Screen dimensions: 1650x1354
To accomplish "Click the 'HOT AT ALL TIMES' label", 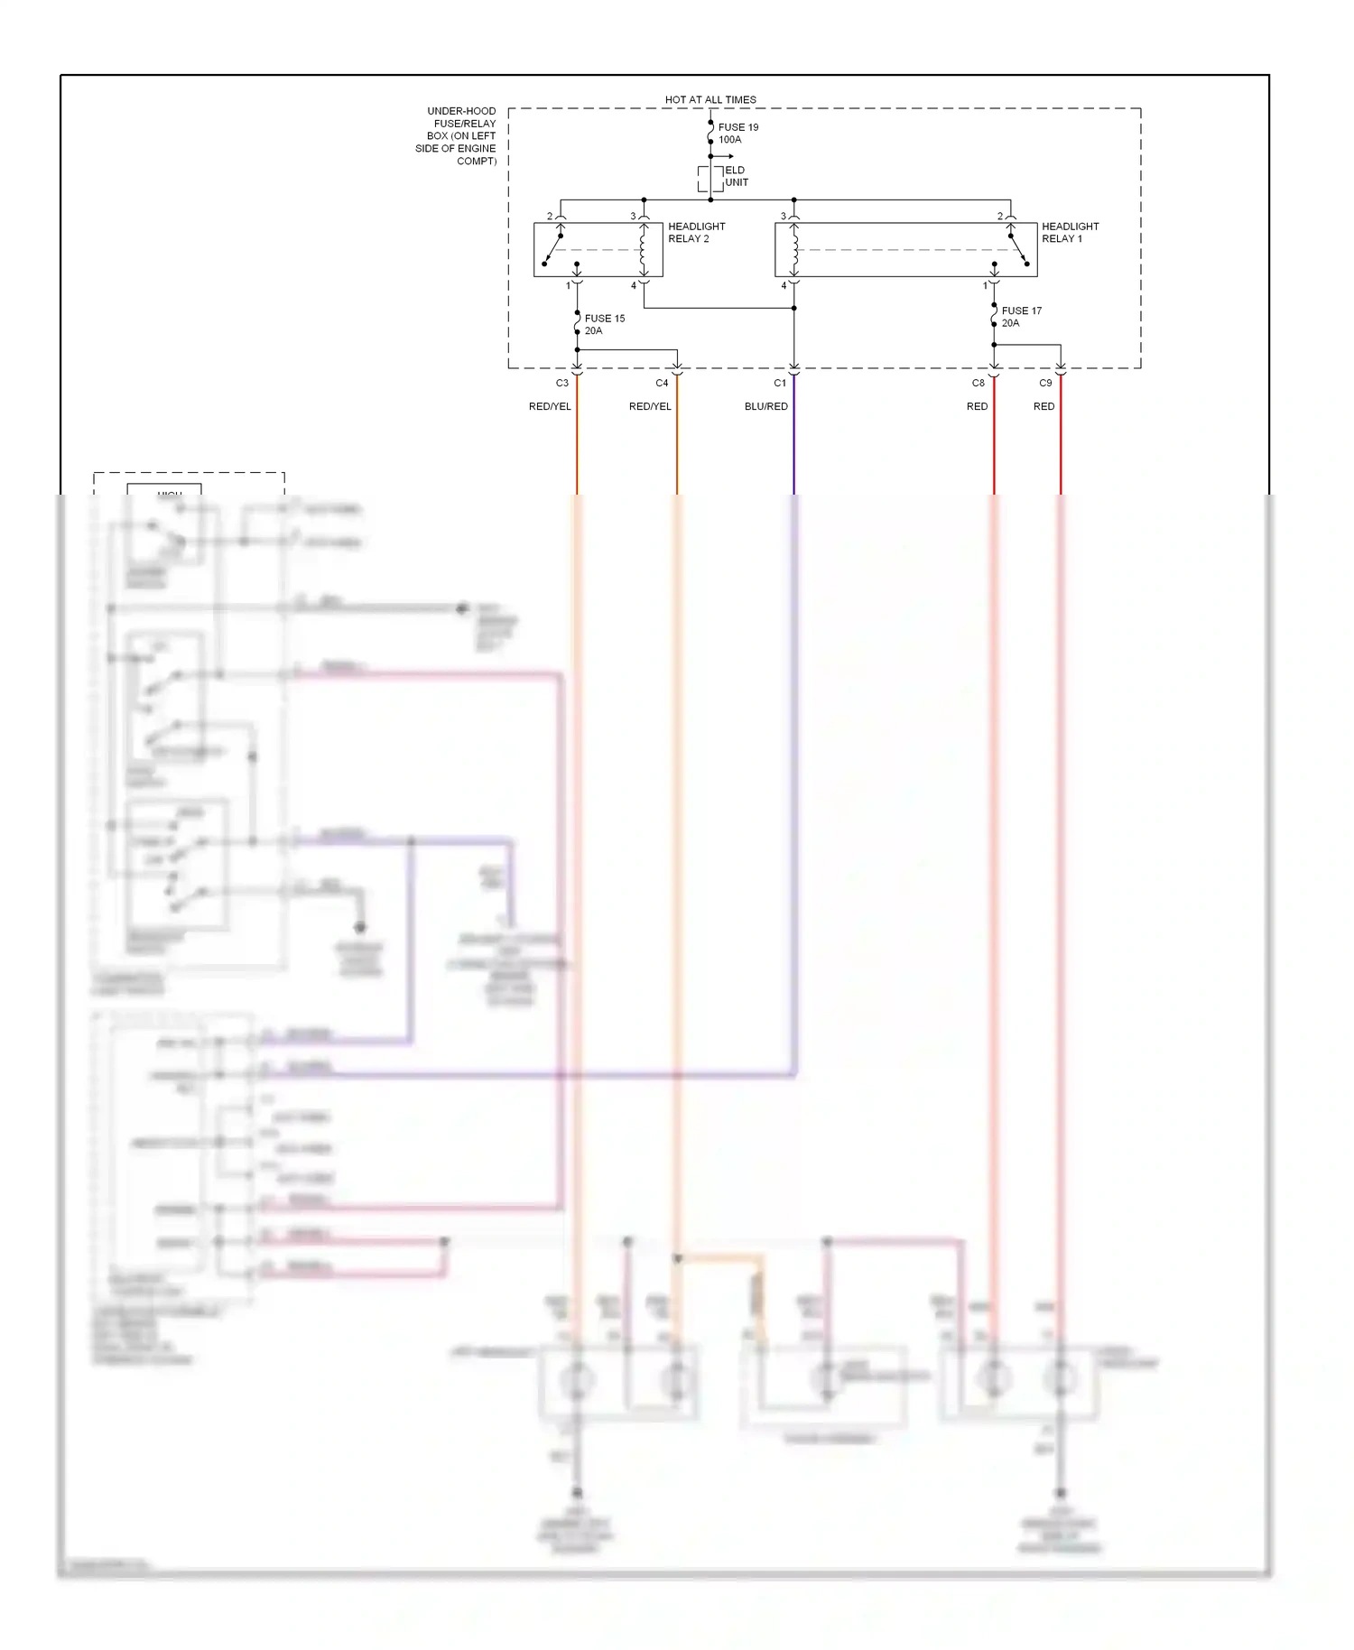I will click(710, 99).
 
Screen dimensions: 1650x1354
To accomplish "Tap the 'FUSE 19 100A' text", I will click(737, 134).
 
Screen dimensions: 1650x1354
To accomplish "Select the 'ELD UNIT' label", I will click(737, 176).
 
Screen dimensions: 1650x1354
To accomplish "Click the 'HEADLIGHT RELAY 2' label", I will click(696, 233).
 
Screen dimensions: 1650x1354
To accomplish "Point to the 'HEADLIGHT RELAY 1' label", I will click(1070, 233).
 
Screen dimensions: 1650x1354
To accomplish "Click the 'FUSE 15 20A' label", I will click(604, 324).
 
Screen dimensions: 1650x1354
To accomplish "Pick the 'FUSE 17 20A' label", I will click(1021, 317).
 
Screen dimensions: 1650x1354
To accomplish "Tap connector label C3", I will click(562, 383).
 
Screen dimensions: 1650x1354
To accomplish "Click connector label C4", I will click(662, 383).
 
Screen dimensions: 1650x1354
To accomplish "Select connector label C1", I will click(780, 383).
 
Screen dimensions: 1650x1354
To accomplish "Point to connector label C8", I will click(978, 383).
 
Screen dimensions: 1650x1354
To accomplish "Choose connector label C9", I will click(1045, 383).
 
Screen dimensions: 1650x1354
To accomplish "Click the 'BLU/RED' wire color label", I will click(765, 406).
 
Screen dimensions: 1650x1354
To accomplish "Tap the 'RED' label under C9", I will click(1043, 406).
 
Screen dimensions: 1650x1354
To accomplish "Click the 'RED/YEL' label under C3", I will click(550, 406).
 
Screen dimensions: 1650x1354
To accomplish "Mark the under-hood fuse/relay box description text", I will click(457, 136).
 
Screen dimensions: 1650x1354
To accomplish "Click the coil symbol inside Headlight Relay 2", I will click(644, 250).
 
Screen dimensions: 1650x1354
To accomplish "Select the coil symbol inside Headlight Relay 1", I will click(794, 250).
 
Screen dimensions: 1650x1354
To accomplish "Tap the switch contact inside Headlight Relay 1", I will click(1018, 250).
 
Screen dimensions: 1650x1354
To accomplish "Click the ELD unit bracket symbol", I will click(710, 179).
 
